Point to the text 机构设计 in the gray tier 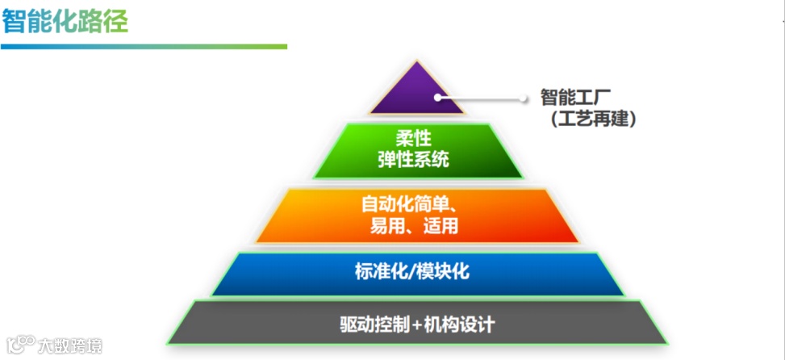pyautogui.click(x=459, y=326)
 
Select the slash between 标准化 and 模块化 pyautogui.click(x=412, y=272)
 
